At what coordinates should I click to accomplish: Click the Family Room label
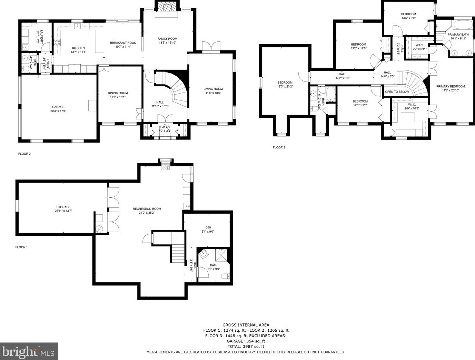(x=167, y=39)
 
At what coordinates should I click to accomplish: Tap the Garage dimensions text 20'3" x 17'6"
(x=58, y=111)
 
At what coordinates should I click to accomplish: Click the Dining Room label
(x=118, y=93)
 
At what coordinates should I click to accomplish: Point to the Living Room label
(x=213, y=89)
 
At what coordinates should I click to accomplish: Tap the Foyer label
(x=164, y=127)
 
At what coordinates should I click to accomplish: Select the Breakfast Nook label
(x=123, y=43)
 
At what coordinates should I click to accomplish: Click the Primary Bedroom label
(x=450, y=86)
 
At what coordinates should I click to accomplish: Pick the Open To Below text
(x=397, y=92)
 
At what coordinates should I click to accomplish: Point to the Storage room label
(x=63, y=207)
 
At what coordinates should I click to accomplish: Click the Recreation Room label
(x=147, y=208)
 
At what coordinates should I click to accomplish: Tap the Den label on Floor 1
(x=208, y=227)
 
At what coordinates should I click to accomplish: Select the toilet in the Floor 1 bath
(x=225, y=276)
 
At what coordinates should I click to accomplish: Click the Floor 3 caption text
(x=279, y=147)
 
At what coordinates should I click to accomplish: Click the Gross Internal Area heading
(x=246, y=325)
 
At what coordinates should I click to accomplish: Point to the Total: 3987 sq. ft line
(x=246, y=346)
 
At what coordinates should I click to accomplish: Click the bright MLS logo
(x=29, y=351)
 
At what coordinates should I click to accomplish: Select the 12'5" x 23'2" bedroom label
(x=285, y=82)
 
